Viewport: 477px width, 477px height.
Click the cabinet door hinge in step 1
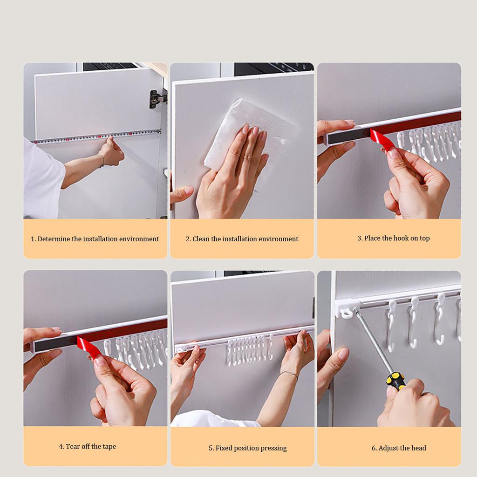click(157, 99)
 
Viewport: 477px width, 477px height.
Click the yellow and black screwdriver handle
click(396, 381)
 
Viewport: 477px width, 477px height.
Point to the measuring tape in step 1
click(97, 136)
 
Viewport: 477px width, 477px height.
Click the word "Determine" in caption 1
click(54, 239)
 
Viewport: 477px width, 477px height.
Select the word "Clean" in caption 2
click(201, 239)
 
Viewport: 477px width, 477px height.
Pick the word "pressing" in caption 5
click(273, 448)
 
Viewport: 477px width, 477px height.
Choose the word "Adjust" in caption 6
click(388, 448)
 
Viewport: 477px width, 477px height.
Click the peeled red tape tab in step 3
click(382, 139)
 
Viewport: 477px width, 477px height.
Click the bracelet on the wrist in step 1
click(102, 160)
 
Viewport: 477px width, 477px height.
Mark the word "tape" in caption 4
click(109, 447)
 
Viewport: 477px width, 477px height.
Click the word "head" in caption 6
click(419, 448)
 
